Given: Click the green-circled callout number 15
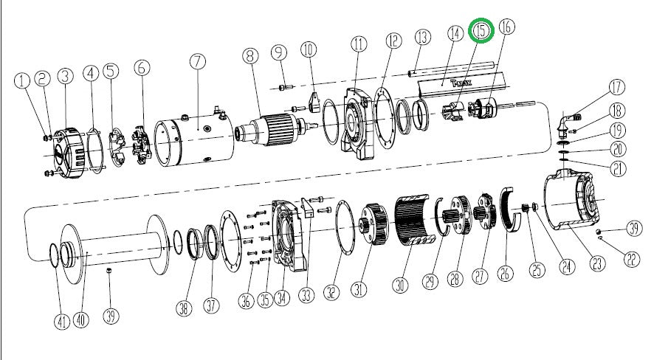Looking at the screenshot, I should tap(482, 31).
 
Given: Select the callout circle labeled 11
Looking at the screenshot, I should tap(359, 44).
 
